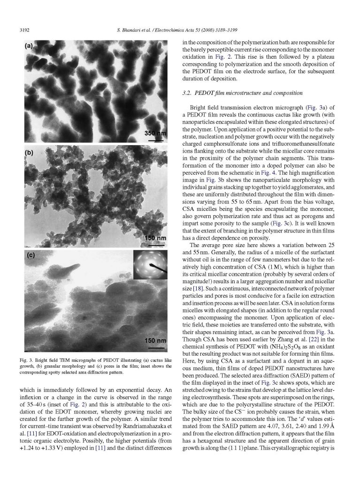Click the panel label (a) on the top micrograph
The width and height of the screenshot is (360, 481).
click(31, 46)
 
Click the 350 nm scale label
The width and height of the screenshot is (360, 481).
click(155, 133)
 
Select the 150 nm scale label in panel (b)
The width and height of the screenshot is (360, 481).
click(155, 238)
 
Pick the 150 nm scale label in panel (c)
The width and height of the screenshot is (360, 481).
click(155, 340)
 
